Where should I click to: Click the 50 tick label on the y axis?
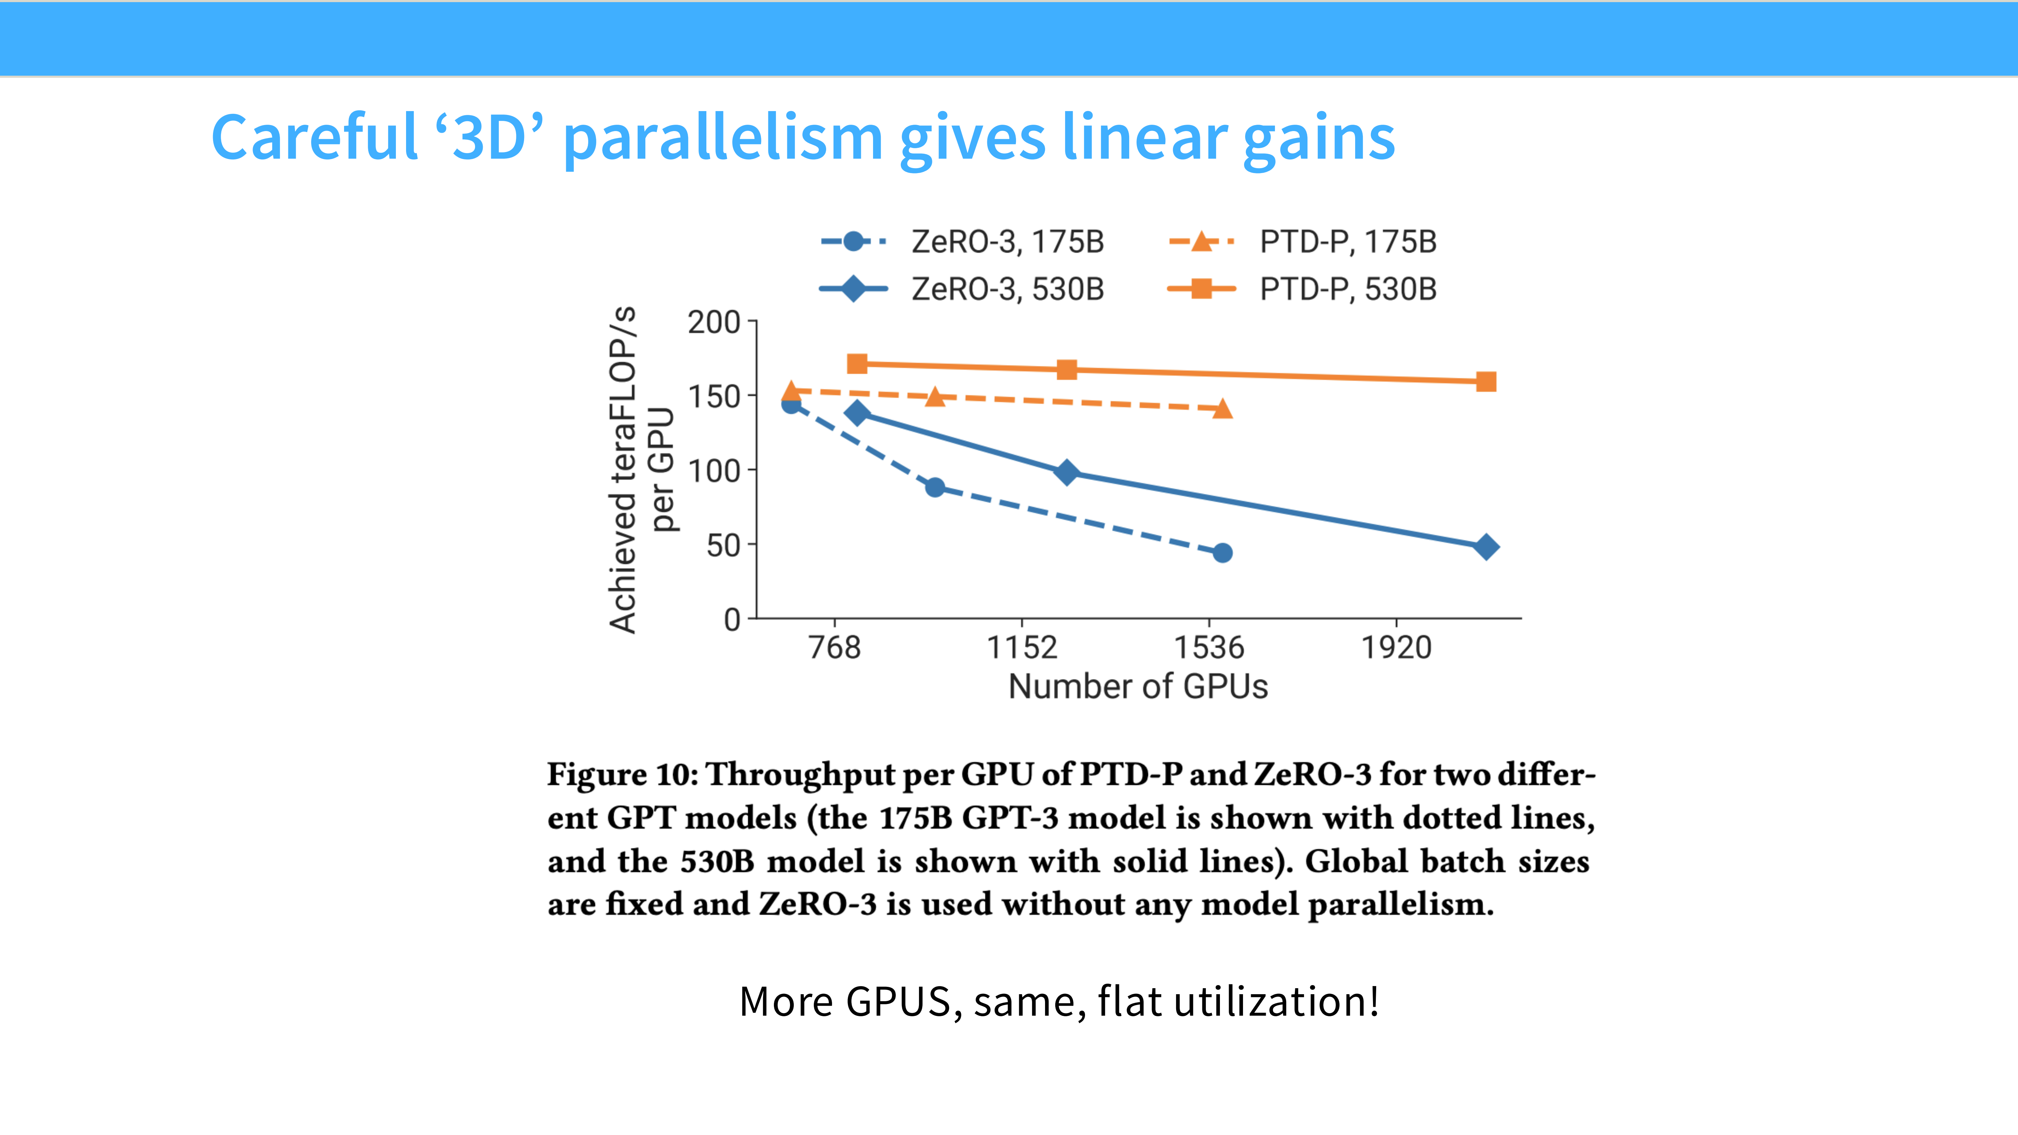point(722,545)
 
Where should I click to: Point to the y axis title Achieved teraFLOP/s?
point(623,470)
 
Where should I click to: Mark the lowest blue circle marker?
point(1222,553)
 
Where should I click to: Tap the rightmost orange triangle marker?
point(1222,408)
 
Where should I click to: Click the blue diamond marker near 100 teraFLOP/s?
point(1066,472)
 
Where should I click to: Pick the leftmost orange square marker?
point(857,364)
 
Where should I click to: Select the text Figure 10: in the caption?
point(623,775)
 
